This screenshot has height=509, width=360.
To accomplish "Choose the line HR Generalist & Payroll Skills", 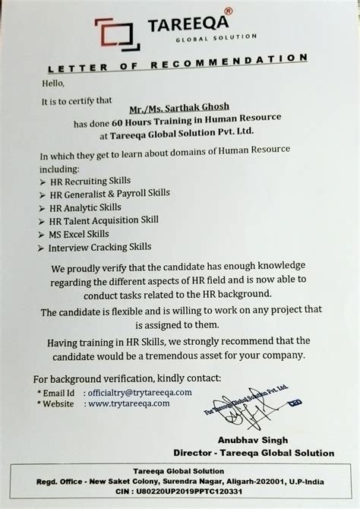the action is coord(109,194).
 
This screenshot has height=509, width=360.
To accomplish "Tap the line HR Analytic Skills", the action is coord(84,207).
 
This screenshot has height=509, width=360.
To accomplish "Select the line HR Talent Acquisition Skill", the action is coord(103,220).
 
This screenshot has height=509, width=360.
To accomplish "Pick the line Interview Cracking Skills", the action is coord(99,246).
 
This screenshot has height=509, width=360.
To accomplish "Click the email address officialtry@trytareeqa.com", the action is coord(140,392).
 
